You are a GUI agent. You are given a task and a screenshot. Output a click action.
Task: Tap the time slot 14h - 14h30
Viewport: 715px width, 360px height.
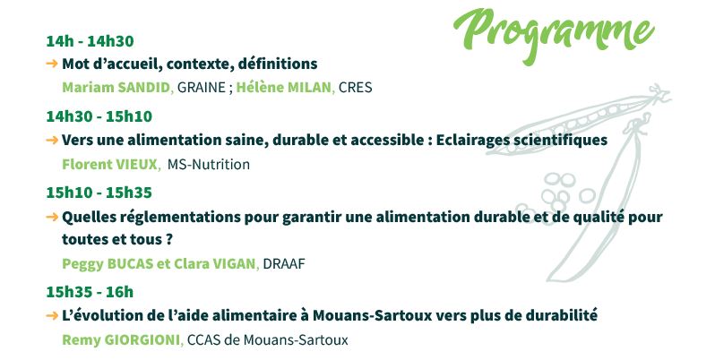pos(90,41)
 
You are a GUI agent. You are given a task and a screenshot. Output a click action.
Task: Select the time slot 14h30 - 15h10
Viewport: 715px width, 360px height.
pos(99,116)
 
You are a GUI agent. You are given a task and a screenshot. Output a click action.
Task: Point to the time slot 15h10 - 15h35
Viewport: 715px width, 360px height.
pos(99,193)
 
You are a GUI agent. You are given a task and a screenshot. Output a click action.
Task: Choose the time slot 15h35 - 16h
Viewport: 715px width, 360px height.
pos(90,292)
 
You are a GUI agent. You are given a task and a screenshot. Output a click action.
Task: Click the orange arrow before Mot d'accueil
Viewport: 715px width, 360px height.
pos(52,64)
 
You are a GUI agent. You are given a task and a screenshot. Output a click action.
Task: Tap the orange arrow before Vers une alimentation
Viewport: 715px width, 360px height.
pos(52,140)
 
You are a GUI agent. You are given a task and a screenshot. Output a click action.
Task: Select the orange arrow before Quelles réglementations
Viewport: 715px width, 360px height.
pos(52,217)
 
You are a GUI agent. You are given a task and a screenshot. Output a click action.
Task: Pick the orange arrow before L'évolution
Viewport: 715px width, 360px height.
pos(52,315)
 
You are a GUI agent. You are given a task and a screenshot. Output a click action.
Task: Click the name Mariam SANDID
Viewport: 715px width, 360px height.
pos(116,88)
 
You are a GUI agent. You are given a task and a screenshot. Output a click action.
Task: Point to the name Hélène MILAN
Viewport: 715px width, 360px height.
pos(284,88)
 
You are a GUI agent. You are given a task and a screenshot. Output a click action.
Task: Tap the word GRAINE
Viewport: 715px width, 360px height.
pos(202,88)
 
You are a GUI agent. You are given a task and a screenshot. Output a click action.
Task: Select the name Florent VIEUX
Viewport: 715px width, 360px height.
pos(109,164)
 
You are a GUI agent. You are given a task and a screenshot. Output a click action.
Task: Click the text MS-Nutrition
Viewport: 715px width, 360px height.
pos(209,164)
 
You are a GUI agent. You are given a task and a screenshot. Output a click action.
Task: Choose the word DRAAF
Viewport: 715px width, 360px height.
pos(284,264)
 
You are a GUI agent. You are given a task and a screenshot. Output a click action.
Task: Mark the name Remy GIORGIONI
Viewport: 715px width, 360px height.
pos(121,340)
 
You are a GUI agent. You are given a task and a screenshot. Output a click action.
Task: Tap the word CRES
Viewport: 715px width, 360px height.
pos(355,88)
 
